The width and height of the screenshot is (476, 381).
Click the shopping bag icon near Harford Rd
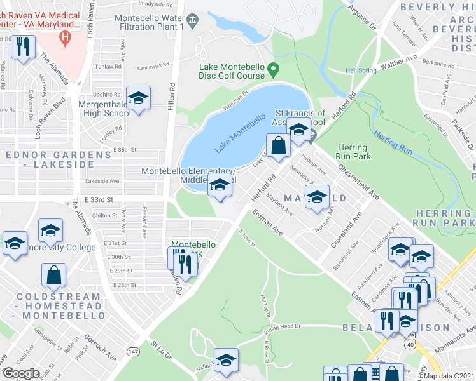click(278, 146)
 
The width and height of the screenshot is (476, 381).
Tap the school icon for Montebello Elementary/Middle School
click(220, 185)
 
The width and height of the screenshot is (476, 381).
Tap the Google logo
click(22, 373)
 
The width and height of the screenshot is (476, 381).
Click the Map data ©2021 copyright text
click(449, 376)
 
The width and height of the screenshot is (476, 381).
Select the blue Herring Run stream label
click(394, 142)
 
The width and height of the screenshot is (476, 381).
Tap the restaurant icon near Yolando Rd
click(24, 48)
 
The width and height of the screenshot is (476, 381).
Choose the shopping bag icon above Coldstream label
click(54, 276)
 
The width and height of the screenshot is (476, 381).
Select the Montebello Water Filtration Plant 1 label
click(155, 22)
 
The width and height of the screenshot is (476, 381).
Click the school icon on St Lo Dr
click(225, 361)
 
